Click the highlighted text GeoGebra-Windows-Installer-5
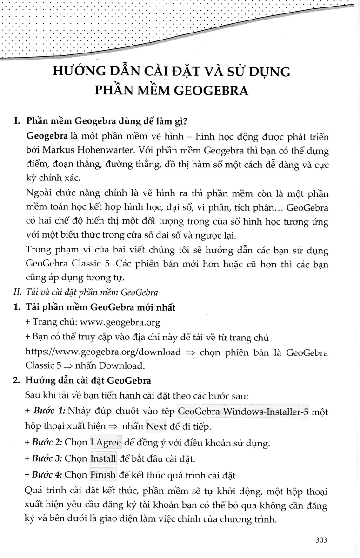(243, 412)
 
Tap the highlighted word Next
(156, 426)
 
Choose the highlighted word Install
(103, 458)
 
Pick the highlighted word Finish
(103, 475)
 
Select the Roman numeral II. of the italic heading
(17, 292)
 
